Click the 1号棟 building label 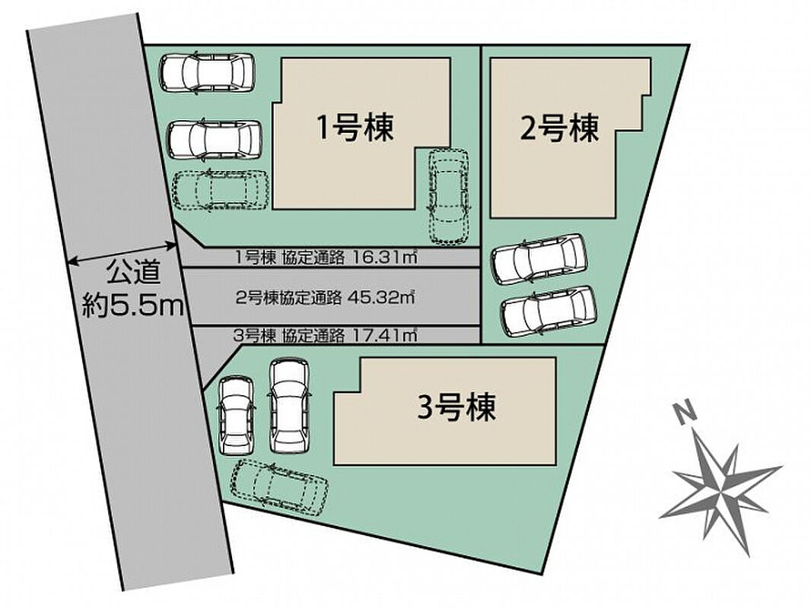355,128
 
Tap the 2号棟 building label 559,128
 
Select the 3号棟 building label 456,407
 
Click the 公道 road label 134,273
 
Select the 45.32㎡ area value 382,297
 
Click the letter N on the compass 685,413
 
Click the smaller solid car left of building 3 237,415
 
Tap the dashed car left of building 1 221,191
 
